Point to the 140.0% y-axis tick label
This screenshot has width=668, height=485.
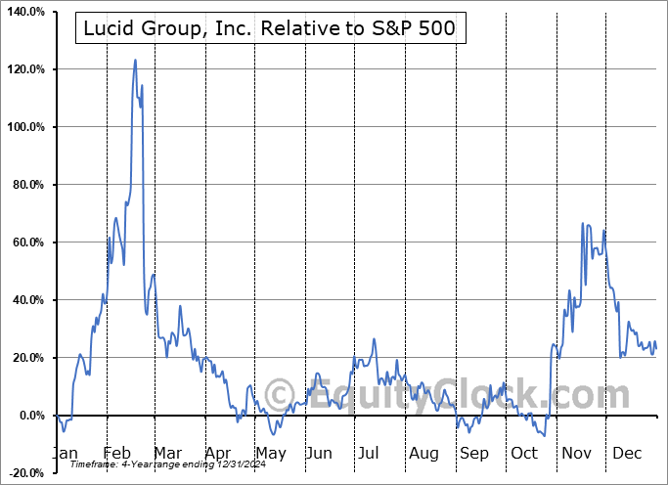[x=23, y=12]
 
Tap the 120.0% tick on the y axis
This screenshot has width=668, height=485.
[x=23, y=69]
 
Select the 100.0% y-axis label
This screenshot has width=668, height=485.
[x=23, y=127]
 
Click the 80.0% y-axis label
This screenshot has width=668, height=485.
[x=26, y=185]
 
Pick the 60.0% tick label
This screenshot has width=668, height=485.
[x=26, y=242]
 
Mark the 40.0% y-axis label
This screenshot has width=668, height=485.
[x=26, y=300]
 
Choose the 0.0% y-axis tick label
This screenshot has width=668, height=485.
[x=29, y=416]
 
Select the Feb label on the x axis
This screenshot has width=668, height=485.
[x=117, y=454]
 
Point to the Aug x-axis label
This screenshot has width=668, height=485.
[x=424, y=454]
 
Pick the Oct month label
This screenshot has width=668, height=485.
[x=524, y=454]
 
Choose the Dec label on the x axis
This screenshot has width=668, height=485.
[x=626, y=454]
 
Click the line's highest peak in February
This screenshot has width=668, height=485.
[x=135, y=60]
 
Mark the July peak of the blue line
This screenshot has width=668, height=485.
[x=374, y=338]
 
